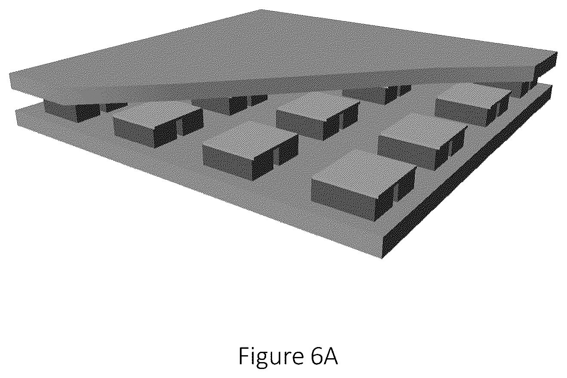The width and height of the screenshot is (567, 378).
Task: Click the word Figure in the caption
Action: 271,357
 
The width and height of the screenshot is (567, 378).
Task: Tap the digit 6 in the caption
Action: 314,356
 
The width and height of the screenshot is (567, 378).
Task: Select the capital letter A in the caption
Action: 330,356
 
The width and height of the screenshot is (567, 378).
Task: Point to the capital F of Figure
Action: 243,356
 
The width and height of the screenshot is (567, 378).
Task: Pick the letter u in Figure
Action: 277,358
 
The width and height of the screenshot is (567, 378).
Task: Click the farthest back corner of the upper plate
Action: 261,9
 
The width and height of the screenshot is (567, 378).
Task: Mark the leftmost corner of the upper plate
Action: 9,74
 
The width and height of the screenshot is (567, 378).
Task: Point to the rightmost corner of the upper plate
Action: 557,52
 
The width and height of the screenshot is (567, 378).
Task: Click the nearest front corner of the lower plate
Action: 382,258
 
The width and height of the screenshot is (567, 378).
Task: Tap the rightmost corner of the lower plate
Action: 552,86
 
